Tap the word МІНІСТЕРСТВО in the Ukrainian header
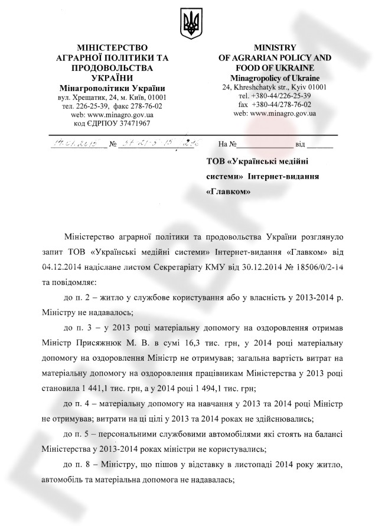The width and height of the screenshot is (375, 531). point(107,47)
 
